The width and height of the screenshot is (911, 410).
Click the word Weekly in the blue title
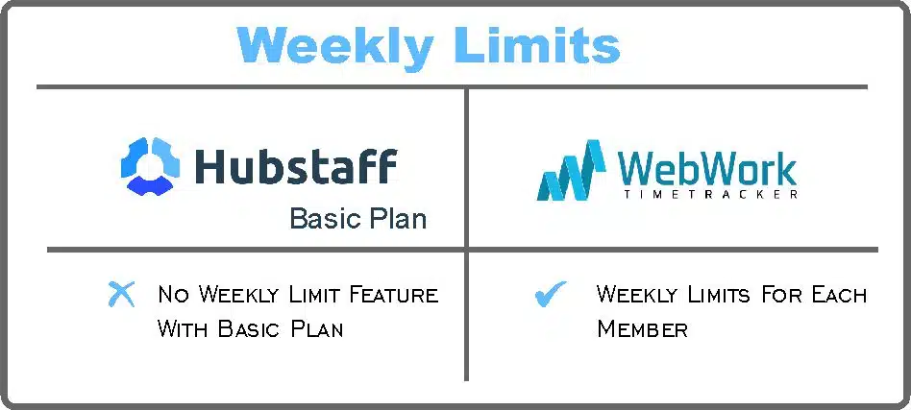click(334, 45)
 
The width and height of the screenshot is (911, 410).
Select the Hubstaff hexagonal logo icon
click(151, 166)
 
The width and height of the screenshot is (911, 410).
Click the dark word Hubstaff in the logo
click(296, 166)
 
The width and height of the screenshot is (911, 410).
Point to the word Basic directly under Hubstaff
click(322, 218)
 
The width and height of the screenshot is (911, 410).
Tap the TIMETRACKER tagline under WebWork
click(710, 194)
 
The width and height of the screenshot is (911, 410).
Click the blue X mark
click(121, 294)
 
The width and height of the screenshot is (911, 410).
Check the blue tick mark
click(551, 293)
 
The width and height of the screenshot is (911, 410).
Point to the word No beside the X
click(174, 295)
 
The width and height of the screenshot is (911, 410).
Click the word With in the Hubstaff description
click(184, 329)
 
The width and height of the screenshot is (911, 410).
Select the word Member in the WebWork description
click(643, 329)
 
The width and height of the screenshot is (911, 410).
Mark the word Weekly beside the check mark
click(638, 295)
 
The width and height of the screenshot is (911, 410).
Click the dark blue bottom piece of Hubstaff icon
click(151, 185)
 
